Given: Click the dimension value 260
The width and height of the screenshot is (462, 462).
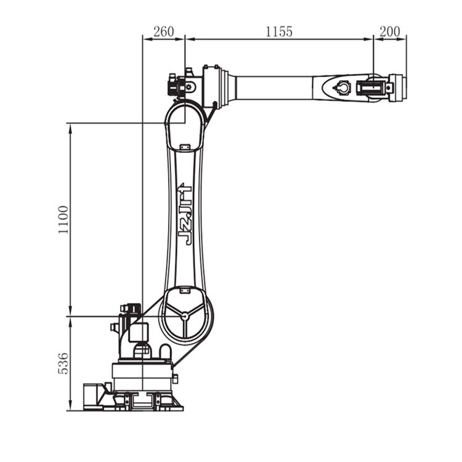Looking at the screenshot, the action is [164, 31].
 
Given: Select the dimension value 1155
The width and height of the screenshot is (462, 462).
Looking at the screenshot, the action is [279, 31].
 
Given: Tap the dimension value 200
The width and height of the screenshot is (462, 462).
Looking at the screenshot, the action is [390, 31].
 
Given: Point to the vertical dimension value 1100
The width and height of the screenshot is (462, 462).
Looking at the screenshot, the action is [63, 220].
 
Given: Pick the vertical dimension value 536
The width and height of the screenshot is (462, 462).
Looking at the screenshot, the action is [63, 363].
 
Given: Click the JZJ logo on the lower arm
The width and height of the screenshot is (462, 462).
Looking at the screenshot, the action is [185, 214].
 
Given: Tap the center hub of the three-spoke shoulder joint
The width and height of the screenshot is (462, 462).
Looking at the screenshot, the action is [185, 316].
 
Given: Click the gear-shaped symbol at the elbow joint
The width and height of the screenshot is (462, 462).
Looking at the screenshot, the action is [189, 87].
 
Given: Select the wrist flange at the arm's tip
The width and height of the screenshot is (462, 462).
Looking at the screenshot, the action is [397, 88].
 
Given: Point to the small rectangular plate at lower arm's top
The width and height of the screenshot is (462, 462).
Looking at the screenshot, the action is [185, 147].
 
